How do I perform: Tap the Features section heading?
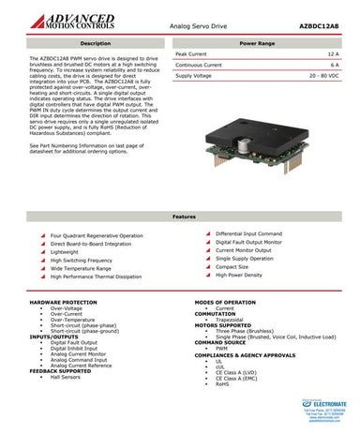point(179,217)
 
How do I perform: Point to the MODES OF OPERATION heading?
point(225,303)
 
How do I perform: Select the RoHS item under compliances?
point(222,382)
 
